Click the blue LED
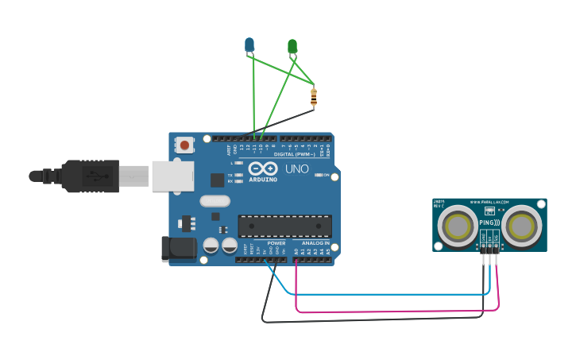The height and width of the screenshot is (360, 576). click(x=249, y=44)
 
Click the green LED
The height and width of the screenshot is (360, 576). click(x=292, y=47)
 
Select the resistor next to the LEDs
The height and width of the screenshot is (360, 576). click(x=313, y=98)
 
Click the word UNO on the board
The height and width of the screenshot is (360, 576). click(x=297, y=168)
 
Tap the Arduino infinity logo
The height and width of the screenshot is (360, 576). click(x=262, y=168)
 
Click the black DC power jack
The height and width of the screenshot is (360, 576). click(x=179, y=249)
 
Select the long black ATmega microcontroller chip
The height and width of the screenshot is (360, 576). click(x=284, y=226)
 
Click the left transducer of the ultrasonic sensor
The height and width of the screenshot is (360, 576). click(x=458, y=225)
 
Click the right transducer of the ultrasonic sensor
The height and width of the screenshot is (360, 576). click(x=521, y=225)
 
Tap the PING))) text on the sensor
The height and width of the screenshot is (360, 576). click(x=489, y=223)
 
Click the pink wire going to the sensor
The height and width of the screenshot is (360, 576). click(x=397, y=312)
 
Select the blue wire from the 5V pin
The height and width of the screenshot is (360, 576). click(x=381, y=294)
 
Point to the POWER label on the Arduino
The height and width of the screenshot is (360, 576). click(x=276, y=243)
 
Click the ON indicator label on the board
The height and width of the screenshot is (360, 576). click(x=325, y=175)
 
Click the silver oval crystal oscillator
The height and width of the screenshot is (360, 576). click(x=215, y=201)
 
